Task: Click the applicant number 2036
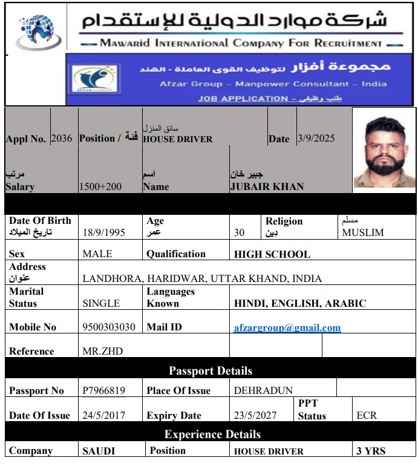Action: tap(62, 138)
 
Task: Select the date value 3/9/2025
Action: tap(316, 138)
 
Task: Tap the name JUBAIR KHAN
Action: tap(267, 186)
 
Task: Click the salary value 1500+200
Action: tap(100, 186)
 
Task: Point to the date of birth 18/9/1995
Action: tap(104, 232)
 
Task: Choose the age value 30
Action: tap(240, 232)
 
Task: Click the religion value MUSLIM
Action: tap(363, 232)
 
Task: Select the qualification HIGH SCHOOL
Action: tap(272, 254)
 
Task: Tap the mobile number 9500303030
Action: tap(109, 327)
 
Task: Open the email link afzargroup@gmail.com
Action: tap(287, 327)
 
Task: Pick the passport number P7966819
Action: tap(104, 390)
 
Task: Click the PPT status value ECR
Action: tap(367, 415)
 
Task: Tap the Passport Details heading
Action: tap(211, 370)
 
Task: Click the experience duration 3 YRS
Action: tap(371, 451)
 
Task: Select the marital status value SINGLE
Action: tap(101, 303)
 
